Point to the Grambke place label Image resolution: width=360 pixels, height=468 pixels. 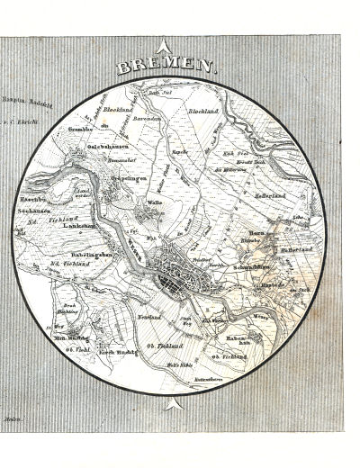pyautogui.click(x=81, y=129)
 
